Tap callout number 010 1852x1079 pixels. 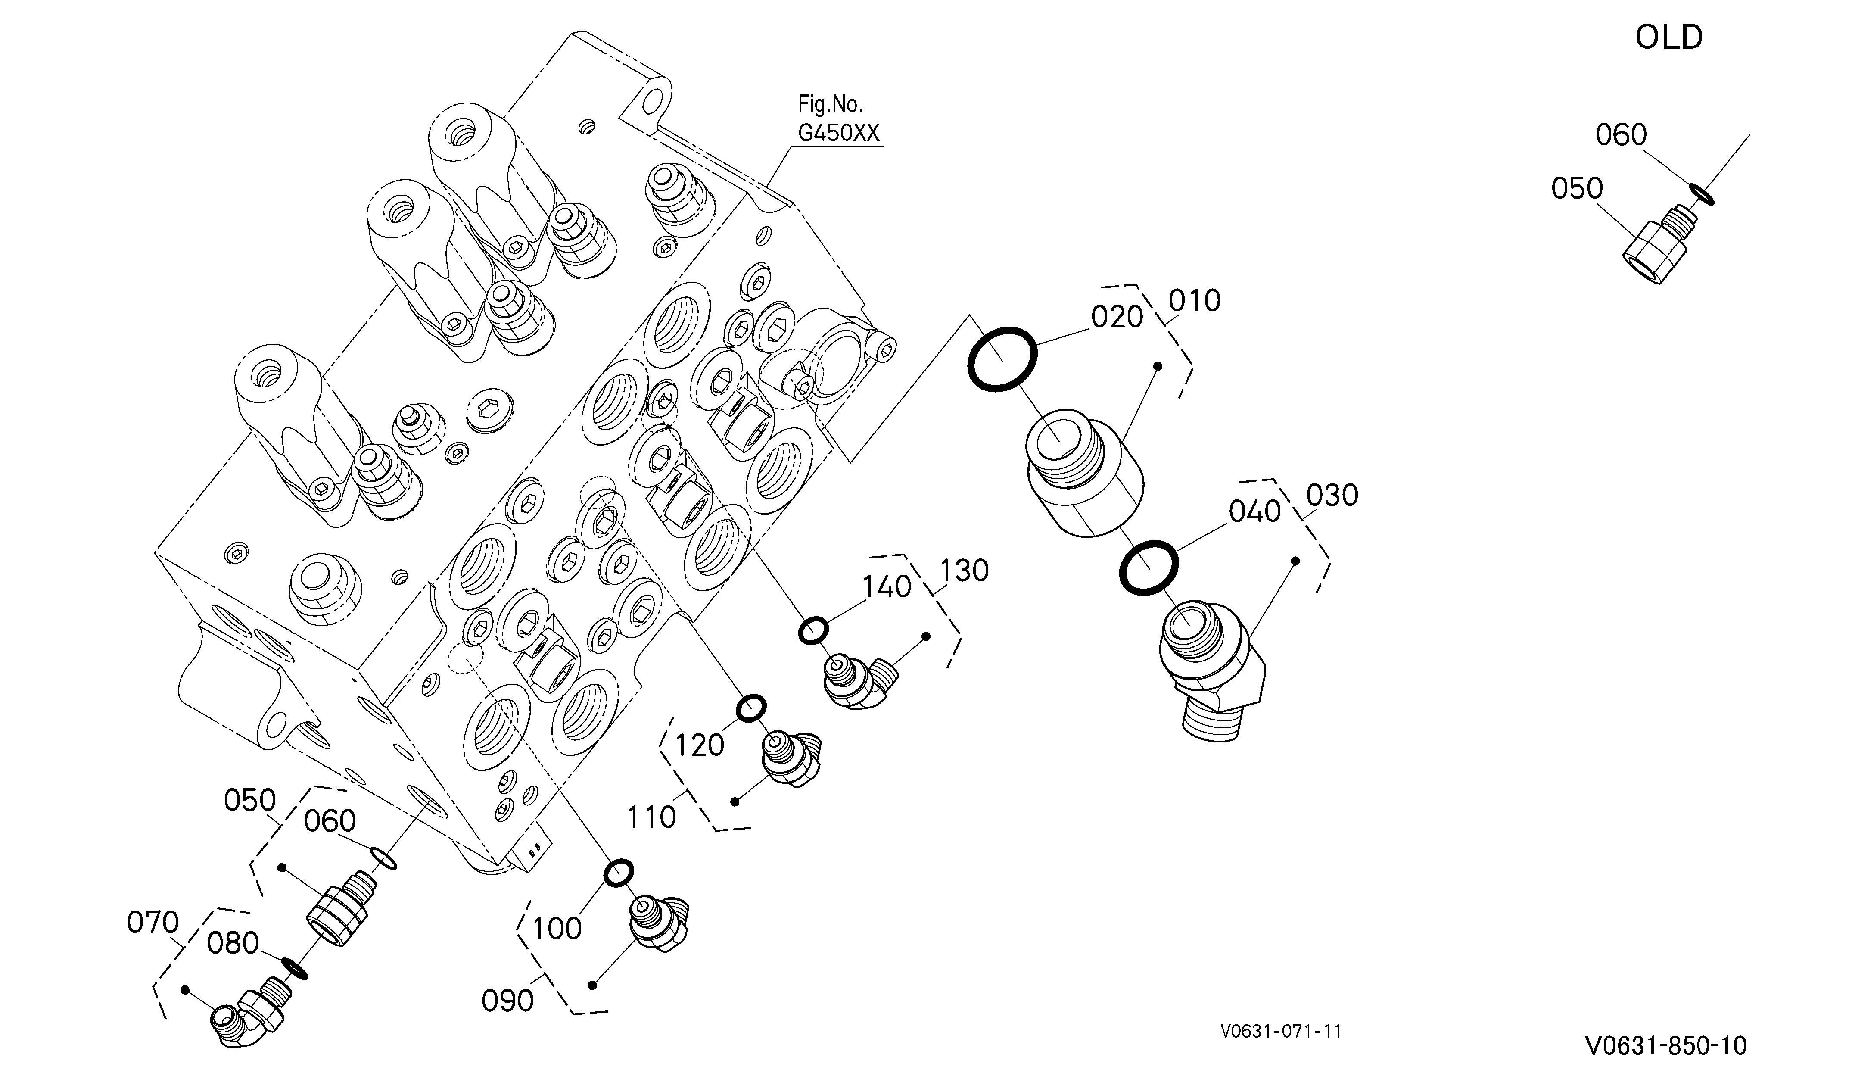coord(1194,300)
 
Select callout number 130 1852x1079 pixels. coord(964,571)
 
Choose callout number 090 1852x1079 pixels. coord(507,1000)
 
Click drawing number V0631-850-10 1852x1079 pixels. coord(1666,1045)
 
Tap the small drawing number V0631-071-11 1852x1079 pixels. coord(1280,1032)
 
